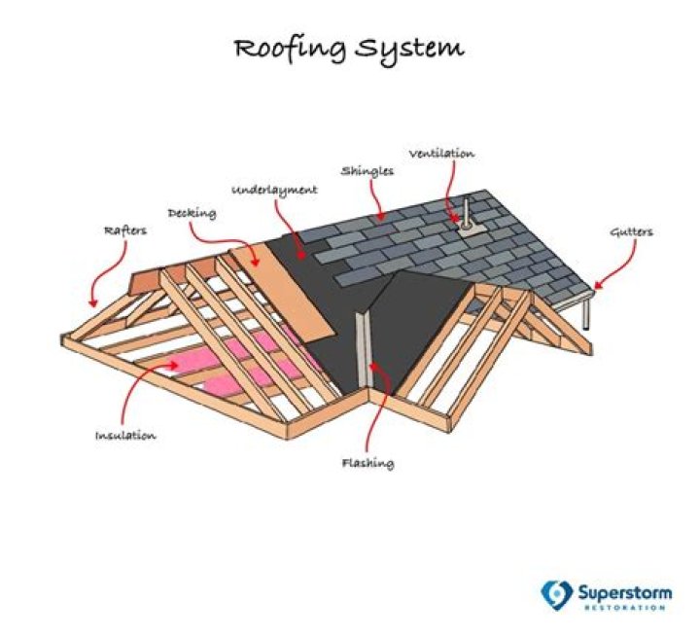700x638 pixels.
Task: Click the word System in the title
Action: pyautogui.click(x=411, y=49)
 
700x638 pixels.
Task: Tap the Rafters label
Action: pyautogui.click(x=123, y=231)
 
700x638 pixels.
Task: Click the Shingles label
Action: pyautogui.click(x=367, y=170)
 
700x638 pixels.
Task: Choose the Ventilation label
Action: pyautogui.click(x=441, y=154)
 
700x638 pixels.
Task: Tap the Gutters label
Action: pyautogui.click(x=631, y=232)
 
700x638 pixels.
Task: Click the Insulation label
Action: pyautogui.click(x=125, y=435)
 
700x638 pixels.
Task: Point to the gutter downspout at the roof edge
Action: pyautogui.click(x=588, y=313)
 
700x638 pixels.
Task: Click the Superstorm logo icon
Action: pyautogui.click(x=555, y=592)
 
